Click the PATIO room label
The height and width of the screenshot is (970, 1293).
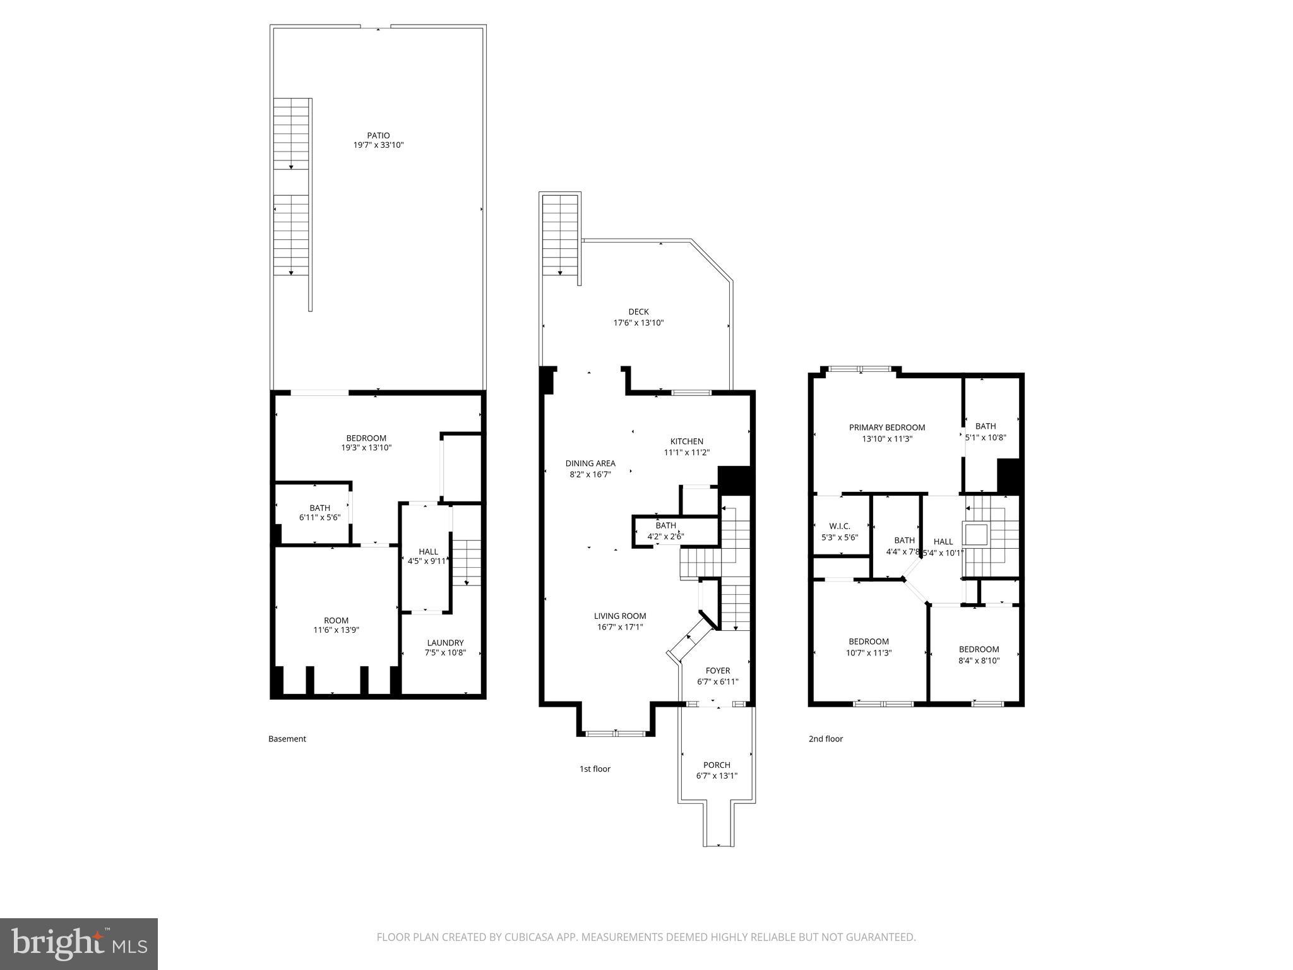point(378,135)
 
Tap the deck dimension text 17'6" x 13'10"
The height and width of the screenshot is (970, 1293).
point(638,323)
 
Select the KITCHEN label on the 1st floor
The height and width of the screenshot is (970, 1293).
point(686,441)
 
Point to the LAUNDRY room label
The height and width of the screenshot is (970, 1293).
point(445,643)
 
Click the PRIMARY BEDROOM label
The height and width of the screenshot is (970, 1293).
point(886,428)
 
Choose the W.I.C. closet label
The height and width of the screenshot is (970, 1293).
point(840,526)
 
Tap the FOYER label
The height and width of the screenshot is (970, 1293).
point(717,671)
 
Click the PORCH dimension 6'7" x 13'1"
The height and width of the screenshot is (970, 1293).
point(717,775)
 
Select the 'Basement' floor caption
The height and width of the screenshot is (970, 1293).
point(287,739)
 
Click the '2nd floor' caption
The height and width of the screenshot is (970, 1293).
point(825,739)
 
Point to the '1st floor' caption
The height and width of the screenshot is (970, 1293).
point(595,769)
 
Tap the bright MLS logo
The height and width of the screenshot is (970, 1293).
point(79,944)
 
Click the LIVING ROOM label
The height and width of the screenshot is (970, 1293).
point(620,616)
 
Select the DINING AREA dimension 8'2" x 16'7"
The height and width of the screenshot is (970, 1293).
point(590,474)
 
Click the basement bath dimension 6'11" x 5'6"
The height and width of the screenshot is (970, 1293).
point(319,517)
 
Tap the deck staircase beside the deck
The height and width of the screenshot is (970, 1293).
point(561,235)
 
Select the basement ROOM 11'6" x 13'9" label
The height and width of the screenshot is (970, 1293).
point(336,620)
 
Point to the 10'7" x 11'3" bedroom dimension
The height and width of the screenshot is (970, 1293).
point(869,653)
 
